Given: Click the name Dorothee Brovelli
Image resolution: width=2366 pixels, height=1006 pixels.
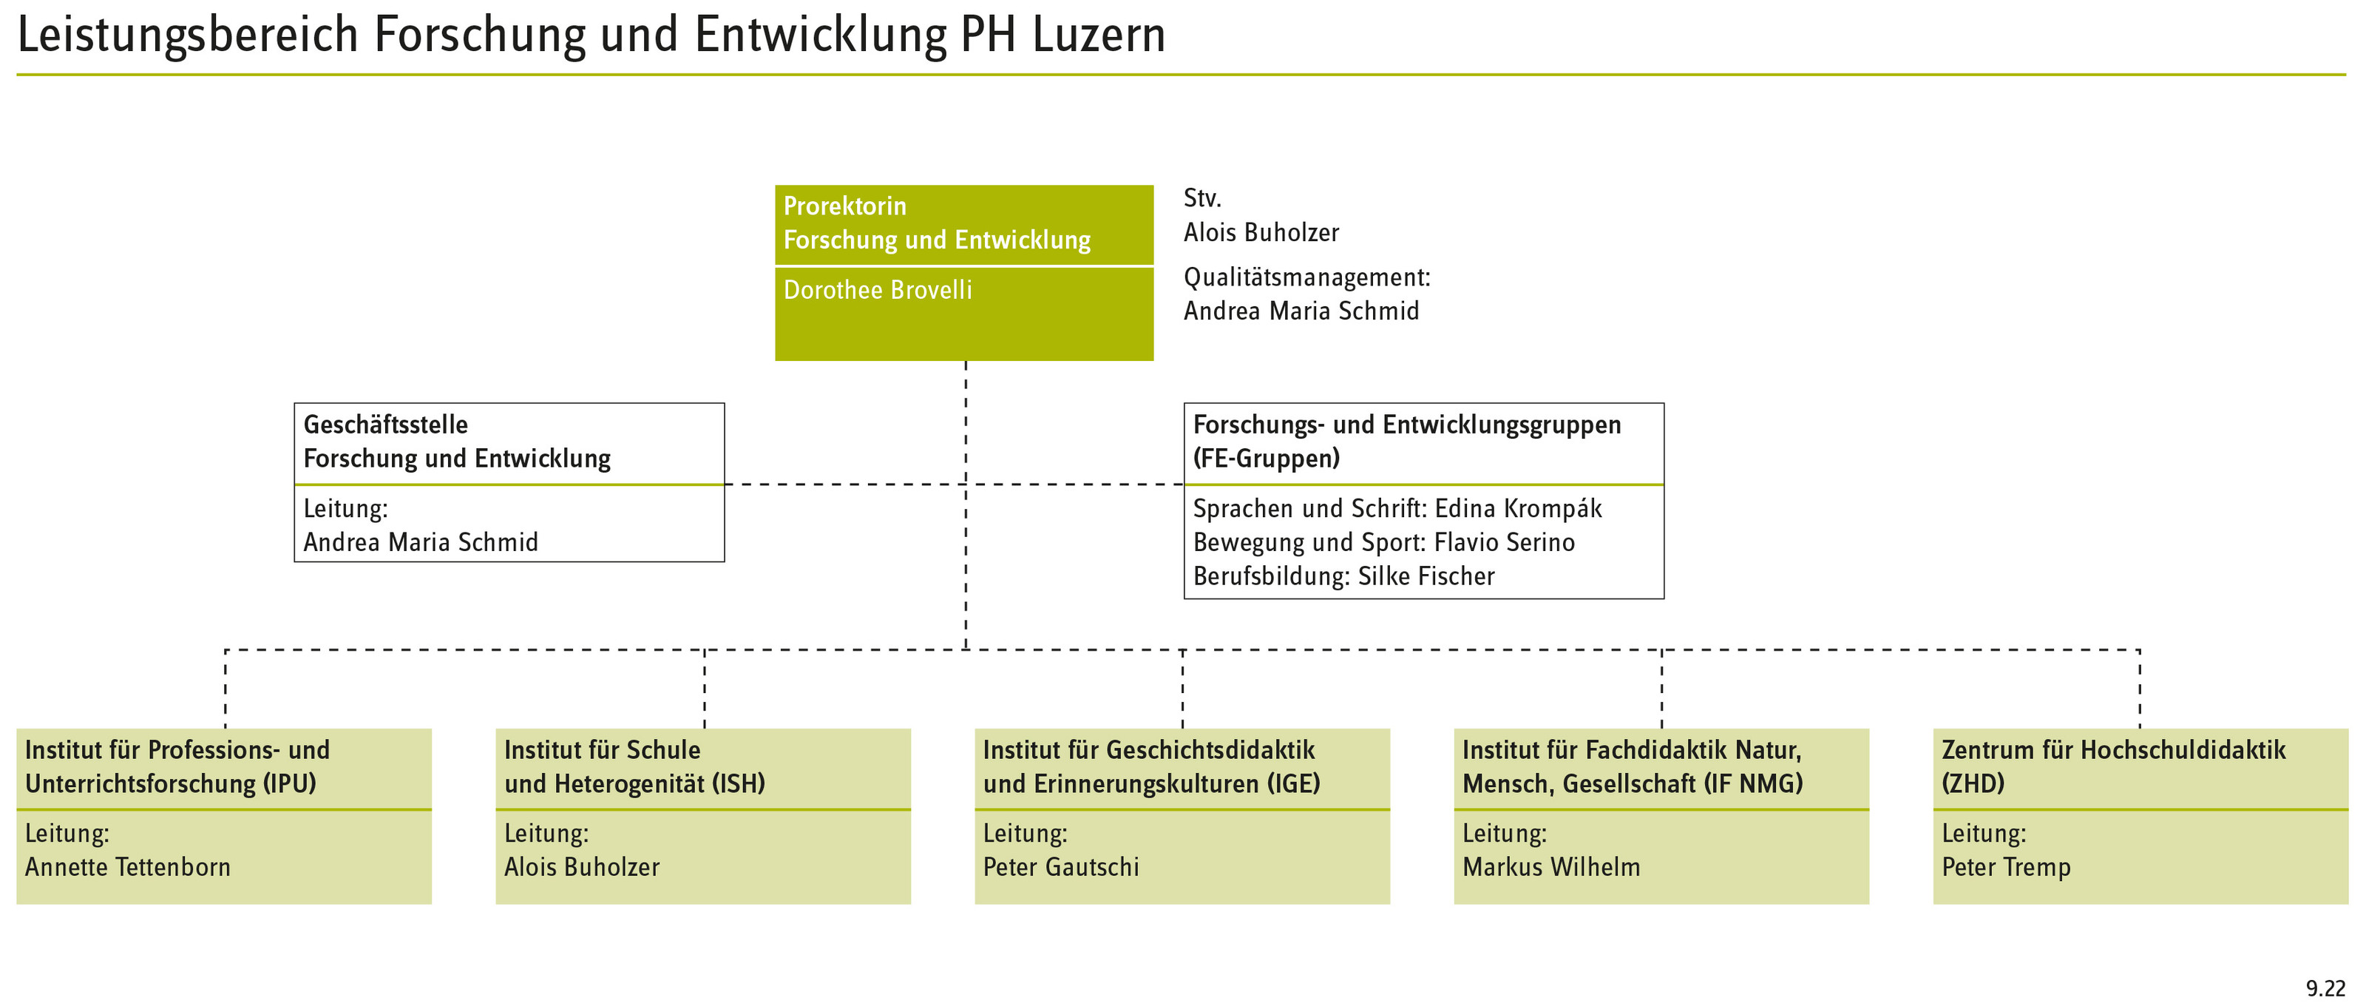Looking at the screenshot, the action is pos(877,290).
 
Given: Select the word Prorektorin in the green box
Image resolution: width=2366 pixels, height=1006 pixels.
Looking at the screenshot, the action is pos(845,206).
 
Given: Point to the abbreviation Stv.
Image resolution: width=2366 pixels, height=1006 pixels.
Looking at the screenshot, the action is pos(1202,198).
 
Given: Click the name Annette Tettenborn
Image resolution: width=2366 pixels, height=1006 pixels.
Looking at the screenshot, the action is pos(128,867).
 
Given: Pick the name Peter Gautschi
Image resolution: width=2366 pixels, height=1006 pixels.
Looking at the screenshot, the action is pos(1061,867).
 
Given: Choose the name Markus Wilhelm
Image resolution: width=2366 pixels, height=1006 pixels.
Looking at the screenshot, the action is pos(1551,867).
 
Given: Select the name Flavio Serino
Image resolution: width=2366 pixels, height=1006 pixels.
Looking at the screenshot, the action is pos(1505,543).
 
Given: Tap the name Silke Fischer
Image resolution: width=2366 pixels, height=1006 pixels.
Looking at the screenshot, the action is pos(1426,577).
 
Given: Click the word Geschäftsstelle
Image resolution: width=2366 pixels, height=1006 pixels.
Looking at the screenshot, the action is pos(386,425).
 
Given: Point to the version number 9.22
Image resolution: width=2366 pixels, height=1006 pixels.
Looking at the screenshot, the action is pos(2325,988).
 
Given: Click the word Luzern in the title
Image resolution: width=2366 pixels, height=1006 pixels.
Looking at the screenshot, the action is pos(1099,35).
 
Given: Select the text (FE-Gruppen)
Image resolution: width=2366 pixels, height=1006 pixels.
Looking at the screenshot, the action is pos(1267,459).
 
